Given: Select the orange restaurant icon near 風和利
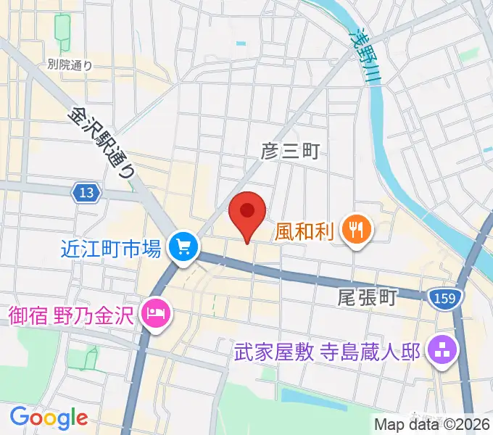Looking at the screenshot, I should [x=356, y=231].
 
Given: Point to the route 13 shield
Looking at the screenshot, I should [x=86, y=193].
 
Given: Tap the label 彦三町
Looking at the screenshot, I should [x=290, y=151].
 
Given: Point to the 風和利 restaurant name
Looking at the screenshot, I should [x=304, y=232].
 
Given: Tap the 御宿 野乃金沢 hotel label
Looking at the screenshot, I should [x=73, y=316].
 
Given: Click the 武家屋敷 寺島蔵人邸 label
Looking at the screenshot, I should [x=328, y=353].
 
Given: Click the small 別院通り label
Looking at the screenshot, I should [x=70, y=65].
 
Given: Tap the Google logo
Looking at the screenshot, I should [x=49, y=418].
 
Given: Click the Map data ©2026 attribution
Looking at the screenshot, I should [x=433, y=424].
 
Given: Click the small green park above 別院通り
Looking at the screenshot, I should [x=62, y=29].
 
